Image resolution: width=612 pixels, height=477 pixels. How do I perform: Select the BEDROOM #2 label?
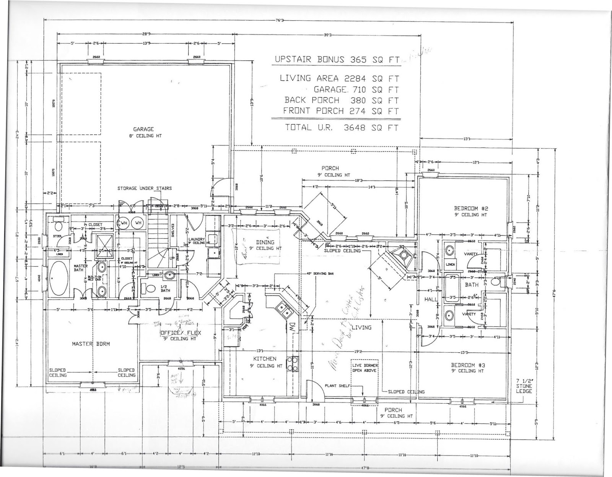coord(471,208)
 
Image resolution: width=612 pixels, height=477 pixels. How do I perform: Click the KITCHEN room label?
coord(265,359)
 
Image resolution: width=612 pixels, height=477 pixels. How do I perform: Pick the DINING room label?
coord(265,242)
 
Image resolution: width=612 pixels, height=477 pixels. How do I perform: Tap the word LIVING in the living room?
coord(361,327)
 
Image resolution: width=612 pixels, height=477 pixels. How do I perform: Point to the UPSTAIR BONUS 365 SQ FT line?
coord(337,60)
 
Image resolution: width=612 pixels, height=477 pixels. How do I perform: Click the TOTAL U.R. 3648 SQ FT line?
coord(342,128)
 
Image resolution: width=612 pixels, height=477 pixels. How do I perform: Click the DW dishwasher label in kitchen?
coord(292,327)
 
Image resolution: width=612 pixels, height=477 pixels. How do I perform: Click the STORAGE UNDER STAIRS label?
coord(145,188)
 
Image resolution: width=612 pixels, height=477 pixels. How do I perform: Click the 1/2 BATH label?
coord(165,288)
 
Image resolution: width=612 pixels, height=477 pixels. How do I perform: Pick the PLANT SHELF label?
coord(337,386)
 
